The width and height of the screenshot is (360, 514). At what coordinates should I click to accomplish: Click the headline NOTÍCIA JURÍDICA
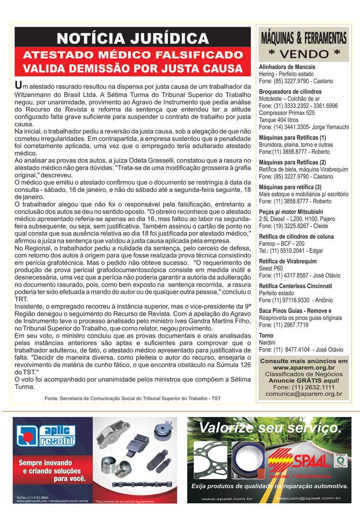132,38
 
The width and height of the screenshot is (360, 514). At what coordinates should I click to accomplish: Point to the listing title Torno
266,335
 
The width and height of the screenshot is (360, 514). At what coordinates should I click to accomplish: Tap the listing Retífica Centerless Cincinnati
295,286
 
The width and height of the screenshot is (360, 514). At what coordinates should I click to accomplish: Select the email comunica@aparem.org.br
304,394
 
